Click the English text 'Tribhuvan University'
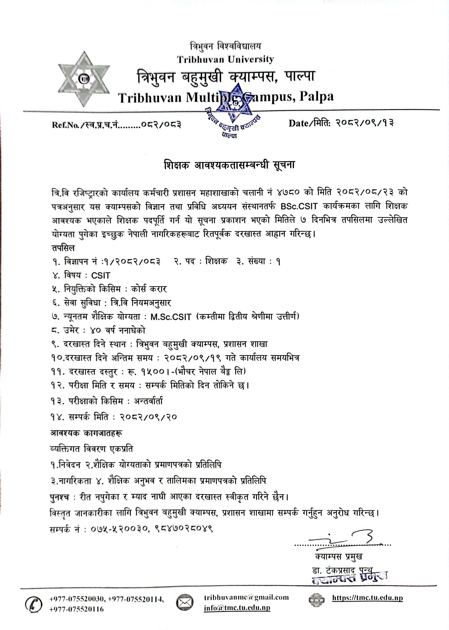click(x=225, y=59)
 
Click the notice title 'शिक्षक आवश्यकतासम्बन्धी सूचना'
click(x=229, y=165)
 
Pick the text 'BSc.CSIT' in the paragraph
click(x=299, y=206)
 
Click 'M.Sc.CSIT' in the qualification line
click(x=171, y=317)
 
